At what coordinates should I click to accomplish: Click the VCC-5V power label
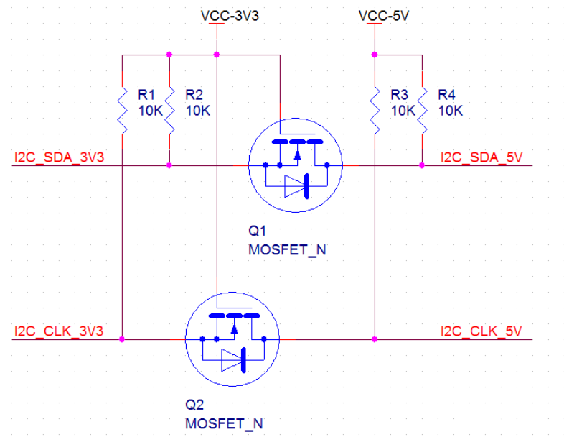pyautogui.click(x=383, y=15)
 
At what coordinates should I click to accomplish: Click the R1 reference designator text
pyautogui.click(x=146, y=94)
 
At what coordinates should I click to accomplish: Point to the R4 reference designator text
pyautogui.click(x=446, y=94)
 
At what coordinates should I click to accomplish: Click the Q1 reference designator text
pyautogui.click(x=258, y=231)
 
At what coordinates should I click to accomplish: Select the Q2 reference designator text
pyautogui.click(x=194, y=405)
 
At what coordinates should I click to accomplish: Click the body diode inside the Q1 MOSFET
pyautogui.click(x=296, y=186)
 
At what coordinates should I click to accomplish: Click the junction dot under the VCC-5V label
pyautogui.click(x=375, y=54)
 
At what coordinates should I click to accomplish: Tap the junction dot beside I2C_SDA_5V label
pyautogui.click(x=422, y=165)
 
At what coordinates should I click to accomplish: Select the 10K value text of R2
pyautogui.click(x=197, y=111)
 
